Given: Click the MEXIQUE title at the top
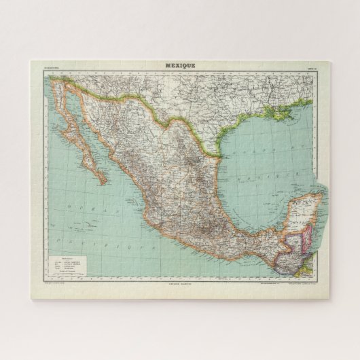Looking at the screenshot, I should click(180, 65).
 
